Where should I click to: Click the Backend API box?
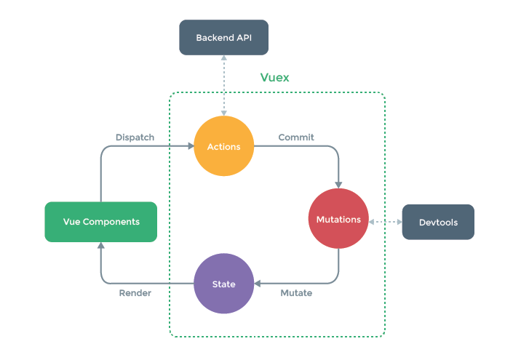(x=224, y=37)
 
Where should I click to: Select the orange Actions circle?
(x=223, y=146)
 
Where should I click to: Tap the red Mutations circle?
(x=338, y=219)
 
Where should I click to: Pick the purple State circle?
(x=223, y=283)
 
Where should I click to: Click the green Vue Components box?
(x=100, y=222)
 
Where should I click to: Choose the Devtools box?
(x=438, y=222)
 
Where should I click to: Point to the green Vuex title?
(x=274, y=77)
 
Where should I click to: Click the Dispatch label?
(x=134, y=137)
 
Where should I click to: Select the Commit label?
(x=295, y=137)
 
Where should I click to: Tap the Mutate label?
(x=296, y=293)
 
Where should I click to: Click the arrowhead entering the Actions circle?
(x=190, y=146)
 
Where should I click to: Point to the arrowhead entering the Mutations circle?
(x=338, y=185)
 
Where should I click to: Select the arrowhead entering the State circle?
(x=258, y=283)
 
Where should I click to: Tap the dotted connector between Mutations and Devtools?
(x=386, y=220)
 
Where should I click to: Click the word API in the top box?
(x=243, y=37)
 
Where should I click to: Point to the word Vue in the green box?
(x=72, y=222)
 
